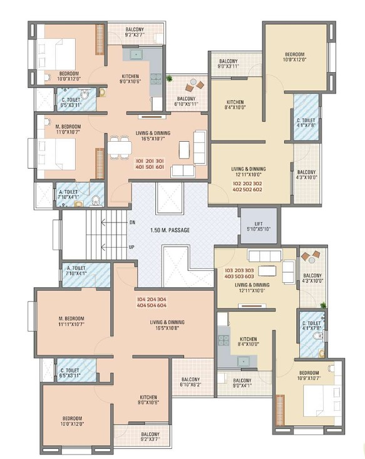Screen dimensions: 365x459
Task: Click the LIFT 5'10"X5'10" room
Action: [x=259, y=225]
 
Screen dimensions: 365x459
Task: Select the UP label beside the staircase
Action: [x=132, y=247]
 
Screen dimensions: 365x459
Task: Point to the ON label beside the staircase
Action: [x=132, y=223]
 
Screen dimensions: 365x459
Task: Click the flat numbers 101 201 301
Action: [x=150, y=161]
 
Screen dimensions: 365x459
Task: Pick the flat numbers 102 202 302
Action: [x=247, y=184]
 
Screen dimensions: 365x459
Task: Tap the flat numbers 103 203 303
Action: [x=239, y=270]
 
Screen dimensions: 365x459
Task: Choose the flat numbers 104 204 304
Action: [x=152, y=300]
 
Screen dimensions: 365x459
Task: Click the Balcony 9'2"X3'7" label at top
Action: [x=135, y=32]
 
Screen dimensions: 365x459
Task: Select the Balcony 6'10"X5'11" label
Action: [x=186, y=102]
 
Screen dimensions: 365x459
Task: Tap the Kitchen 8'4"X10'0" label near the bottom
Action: [x=248, y=342]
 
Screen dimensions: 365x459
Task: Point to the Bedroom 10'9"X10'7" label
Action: [x=309, y=375]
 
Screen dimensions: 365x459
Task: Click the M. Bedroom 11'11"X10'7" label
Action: [x=71, y=321]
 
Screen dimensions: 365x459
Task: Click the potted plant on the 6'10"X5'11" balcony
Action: [x=169, y=78]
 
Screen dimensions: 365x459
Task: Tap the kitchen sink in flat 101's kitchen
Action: [x=136, y=55]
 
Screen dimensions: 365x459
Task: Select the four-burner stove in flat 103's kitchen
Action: [x=224, y=340]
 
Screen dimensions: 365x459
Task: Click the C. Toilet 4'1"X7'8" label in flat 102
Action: [x=306, y=123]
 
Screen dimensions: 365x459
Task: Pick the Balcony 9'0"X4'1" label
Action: [x=242, y=383]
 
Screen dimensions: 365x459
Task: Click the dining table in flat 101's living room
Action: [x=119, y=148]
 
